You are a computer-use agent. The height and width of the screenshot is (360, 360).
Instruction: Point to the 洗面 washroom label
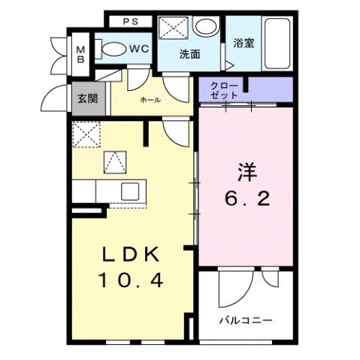click(189, 54)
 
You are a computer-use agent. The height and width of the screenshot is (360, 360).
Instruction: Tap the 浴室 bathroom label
click(243, 43)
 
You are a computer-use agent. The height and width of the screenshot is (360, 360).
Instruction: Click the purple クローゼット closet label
click(225, 91)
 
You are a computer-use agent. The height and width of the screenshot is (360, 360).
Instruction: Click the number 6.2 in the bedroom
click(244, 199)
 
